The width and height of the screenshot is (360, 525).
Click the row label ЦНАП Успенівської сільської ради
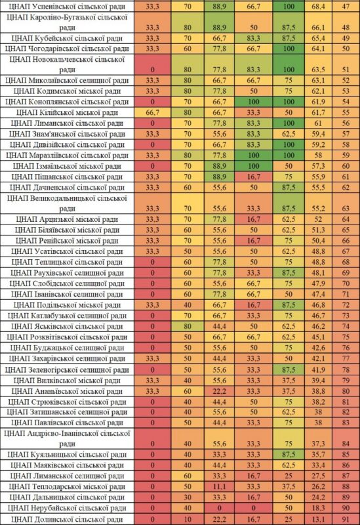(x=67, y=7)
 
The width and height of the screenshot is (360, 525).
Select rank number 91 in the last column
(x=346, y=519)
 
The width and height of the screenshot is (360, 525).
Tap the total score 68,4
(x=318, y=7)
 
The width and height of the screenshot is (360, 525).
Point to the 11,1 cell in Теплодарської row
(x=219, y=487)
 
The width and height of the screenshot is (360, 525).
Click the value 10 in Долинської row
(x=188, y=519)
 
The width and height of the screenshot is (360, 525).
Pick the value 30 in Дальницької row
(x=188, y=497)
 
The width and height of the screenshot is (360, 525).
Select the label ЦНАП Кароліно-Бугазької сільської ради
(x=67, y=22)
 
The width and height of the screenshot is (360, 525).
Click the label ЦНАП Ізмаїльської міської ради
(x=67, y=166)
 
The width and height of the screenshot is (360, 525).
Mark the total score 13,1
(x=318, y=519)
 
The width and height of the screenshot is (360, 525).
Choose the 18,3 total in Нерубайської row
(x=318, y=508)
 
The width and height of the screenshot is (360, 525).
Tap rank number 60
(x=346, y=166)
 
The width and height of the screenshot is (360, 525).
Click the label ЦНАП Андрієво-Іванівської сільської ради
(x=67, y=438)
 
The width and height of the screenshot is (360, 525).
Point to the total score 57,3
(x=318, y=166)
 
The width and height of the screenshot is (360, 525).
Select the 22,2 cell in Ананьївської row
(x=219, y=391)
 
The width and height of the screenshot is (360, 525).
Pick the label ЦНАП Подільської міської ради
(x=67, y=305)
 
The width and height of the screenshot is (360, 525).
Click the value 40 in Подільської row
(x=188, y=305)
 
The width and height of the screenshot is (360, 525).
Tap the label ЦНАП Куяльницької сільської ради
(x=67, y=455)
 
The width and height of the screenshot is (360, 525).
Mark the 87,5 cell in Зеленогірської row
(x=289, y=370)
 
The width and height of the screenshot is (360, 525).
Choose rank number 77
(x=346, y=358)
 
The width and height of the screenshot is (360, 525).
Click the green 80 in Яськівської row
(x=188, y=326)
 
